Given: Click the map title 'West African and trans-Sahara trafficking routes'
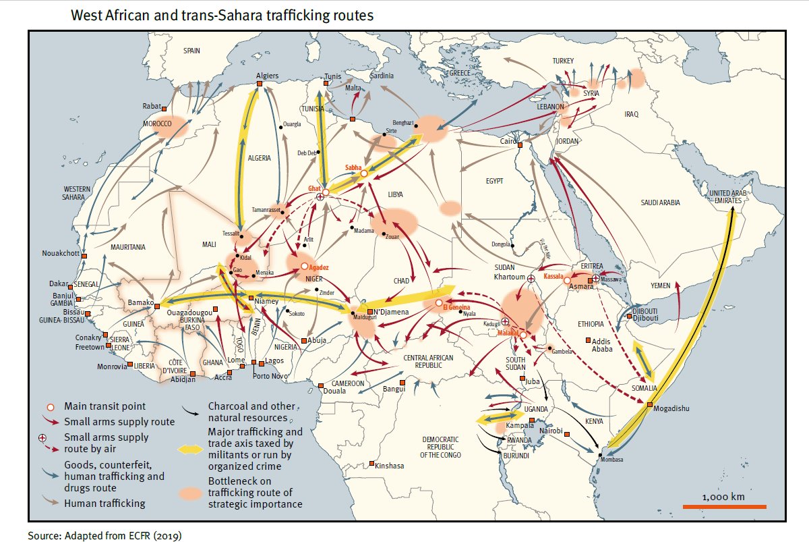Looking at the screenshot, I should click(222, 15).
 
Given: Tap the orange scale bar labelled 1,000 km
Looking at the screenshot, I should click(723, 506).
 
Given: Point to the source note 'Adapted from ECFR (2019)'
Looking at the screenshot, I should click(104, 535).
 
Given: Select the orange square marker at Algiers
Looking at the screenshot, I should click(260, 84).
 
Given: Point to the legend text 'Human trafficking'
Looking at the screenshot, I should click(104, 503).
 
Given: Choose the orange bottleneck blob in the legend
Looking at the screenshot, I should click(191, 494).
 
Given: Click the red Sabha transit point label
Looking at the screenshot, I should click(353, 167).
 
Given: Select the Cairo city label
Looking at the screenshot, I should click(507, 142).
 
